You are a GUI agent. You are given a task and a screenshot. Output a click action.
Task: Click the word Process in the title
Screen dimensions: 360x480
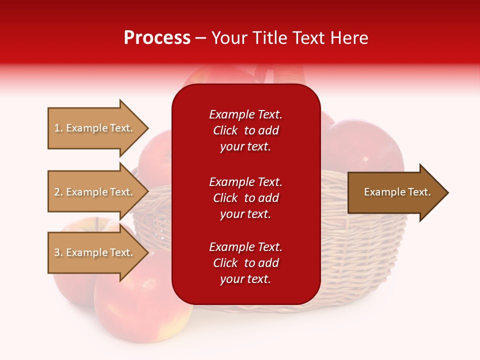click(x=157, y=38)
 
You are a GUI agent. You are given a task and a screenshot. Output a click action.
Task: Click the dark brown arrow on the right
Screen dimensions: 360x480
click(x=395, y=192)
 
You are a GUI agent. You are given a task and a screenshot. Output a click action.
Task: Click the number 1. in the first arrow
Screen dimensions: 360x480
click(x=58, y=128)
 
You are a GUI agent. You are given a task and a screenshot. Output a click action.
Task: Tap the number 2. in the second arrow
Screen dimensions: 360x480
click(x=58, y=192)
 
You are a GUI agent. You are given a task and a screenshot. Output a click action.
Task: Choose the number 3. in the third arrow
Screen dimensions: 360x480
click(x=58, y=252)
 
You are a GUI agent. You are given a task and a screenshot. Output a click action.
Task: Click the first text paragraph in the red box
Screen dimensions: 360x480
click(x=245, y=130)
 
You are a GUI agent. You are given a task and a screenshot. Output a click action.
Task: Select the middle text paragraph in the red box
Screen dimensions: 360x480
click(x=245, y=197)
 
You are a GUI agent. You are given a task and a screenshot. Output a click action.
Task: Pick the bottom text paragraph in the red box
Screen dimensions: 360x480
click(x=245, y=263)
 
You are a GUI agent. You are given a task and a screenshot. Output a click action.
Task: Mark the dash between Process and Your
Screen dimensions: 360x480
click(x=200, y=38)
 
